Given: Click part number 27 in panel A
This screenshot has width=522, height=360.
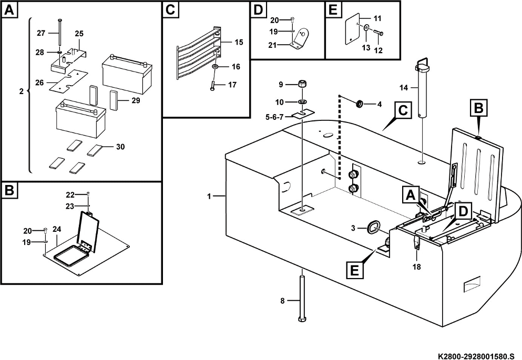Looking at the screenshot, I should pyautogui.click(x=41, y=33).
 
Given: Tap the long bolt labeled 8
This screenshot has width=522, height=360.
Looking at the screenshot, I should pyautogui.click(x=303, y=300).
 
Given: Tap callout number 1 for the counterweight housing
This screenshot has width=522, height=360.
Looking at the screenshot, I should pyautogui.click(x=209, y=196).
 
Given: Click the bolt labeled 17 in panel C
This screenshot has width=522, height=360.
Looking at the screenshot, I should pyautogui.click(x=213, y=85).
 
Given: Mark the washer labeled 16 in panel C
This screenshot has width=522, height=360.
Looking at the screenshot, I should pyautogui.click(x=216, y=68).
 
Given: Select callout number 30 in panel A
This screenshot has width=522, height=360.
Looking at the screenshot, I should pyautogui.click(x=120, y=147).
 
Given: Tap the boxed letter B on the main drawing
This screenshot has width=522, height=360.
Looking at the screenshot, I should pyautogui.click(x=477, y=109).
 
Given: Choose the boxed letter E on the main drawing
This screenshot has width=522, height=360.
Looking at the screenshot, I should pyautogui.click(x=354, y=271).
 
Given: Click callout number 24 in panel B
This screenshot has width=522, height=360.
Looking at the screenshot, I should pyautogui.click(x=57, y=229).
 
